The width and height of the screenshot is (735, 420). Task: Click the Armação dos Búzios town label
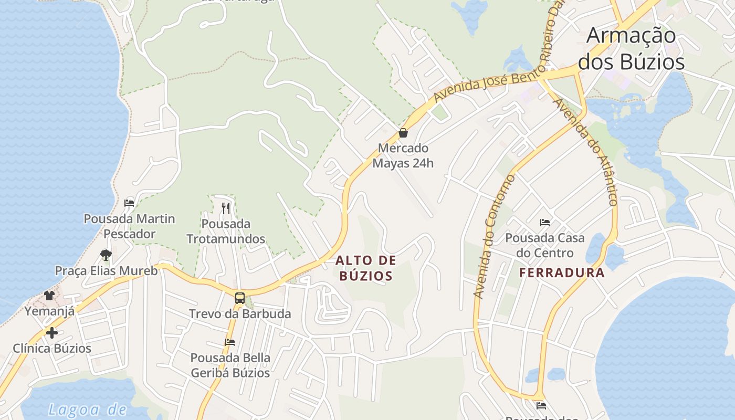pyautogui.click(x=631, y=48)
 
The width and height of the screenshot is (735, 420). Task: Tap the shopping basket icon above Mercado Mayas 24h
pyautogui.click(x=403, y=133)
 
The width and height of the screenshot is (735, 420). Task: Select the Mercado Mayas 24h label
pyautogui.click(x=403, y=155)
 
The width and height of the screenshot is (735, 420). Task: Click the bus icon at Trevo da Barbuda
pyautogui.click(x=239, y=298)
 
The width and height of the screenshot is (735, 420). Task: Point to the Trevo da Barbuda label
pyautogui.click(x=239, y=313)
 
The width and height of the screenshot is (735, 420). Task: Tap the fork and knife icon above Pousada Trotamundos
pyautogui.click(x=226, y=208)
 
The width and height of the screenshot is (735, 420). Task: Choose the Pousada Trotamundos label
pyautogui.click(x=226, y=232)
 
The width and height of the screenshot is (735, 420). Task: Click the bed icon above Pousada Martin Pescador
pyautogui.click(x=129, y=203)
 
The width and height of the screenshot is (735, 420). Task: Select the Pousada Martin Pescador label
pyautogui.click(x=129, y=226)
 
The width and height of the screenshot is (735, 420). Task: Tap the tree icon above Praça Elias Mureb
pyautogui.click(x=106, y=255)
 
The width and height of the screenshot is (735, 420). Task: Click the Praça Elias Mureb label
pyautogui.click(x=106, y=271)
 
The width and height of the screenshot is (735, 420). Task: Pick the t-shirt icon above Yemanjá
pyautogui.click(x=49, y=296)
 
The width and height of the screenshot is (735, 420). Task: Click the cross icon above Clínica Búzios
pyautogui.click(x=51, y=332)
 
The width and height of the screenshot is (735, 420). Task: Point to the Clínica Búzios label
pyautogui.click(x=51, y=348)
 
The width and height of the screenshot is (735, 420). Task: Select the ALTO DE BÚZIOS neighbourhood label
pyautogui.click(x=365, y=268)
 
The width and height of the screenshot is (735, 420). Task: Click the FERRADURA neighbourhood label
pyautogui.click(x=562, y=273)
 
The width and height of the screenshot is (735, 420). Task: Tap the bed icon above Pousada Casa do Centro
pyautogui.click(x=545, y=223)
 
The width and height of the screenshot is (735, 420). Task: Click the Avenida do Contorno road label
pyautogui.click(x=495, y=236)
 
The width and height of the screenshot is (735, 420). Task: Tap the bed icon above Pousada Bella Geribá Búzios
pyautogui.click(x=230, y=342)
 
